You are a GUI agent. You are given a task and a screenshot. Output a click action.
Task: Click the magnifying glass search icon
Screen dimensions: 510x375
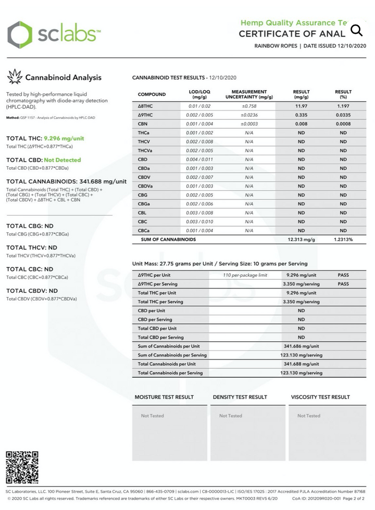click(x=356, y=30)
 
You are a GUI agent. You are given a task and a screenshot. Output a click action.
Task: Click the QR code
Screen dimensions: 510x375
click(x=22, y=467)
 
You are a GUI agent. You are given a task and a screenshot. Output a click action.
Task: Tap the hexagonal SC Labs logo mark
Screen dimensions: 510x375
click(x=20, y=34)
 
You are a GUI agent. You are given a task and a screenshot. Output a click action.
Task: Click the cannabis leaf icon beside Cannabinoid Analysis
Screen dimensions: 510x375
click(x=15, y=77)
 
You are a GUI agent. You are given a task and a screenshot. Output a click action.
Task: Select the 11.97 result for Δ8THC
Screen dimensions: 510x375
click(x=301, y=106)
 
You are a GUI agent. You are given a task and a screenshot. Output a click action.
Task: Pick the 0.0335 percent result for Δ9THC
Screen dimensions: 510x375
click(x=343, y=115)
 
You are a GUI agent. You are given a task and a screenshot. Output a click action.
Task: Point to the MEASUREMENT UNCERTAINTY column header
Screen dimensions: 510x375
click(x=249, y=94)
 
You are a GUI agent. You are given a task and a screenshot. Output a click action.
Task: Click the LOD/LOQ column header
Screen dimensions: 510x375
click(x=199, y=94)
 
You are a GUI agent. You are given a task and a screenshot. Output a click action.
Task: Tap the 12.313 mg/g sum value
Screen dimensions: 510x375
click(x=301, y=239)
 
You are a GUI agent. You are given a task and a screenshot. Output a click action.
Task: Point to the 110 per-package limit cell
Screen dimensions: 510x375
click(x=245, y=275)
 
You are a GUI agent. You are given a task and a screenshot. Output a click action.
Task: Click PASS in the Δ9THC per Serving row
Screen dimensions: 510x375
click(x=343, y=284)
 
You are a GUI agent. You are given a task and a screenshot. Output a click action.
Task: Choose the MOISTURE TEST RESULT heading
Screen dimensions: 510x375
click(x=164, y=397)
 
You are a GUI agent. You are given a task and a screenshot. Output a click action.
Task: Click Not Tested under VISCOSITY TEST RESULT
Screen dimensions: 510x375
click(x=309, y=416)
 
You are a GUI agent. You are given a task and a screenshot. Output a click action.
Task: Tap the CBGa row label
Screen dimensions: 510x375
click(x=144, y=203)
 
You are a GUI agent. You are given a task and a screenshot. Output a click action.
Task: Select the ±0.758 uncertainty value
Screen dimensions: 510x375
click(x=249, y=106)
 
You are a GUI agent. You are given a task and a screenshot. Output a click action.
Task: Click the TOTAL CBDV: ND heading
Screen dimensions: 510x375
click(x=32, y=291)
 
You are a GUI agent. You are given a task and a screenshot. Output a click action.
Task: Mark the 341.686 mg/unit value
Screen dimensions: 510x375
click(x=301, y=346)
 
